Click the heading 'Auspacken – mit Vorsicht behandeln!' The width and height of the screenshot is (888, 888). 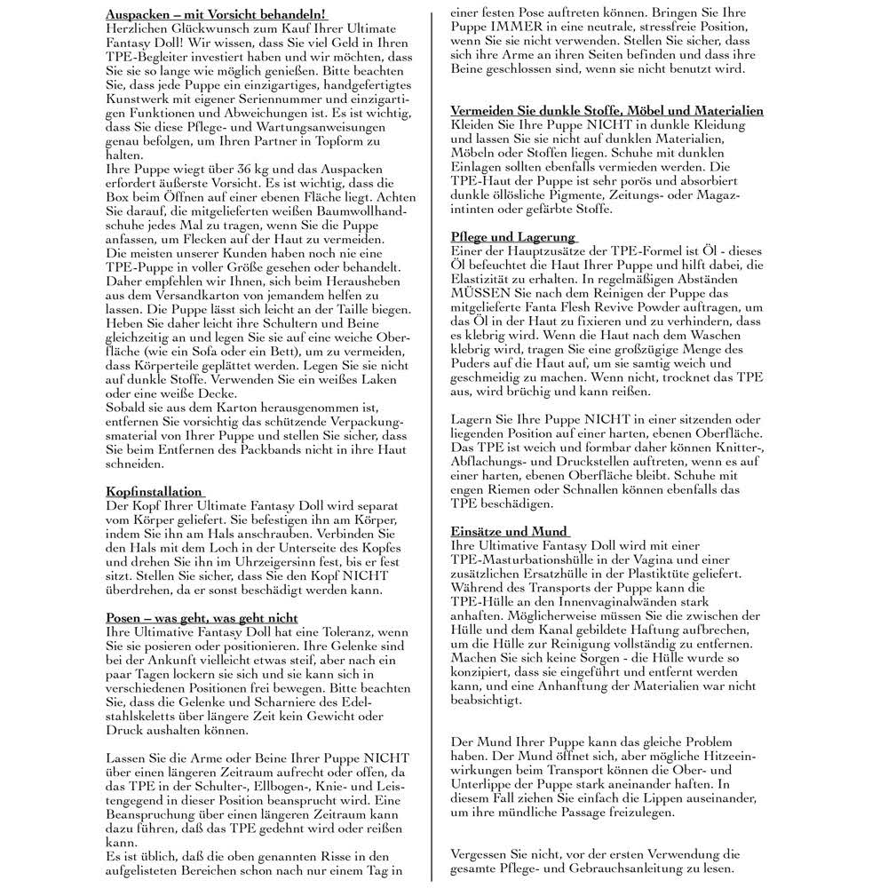(x=216, y=15)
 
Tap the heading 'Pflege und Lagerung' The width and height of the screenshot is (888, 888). (x=513, y=238)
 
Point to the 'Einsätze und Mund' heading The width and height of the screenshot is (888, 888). (x=509, y=531)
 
